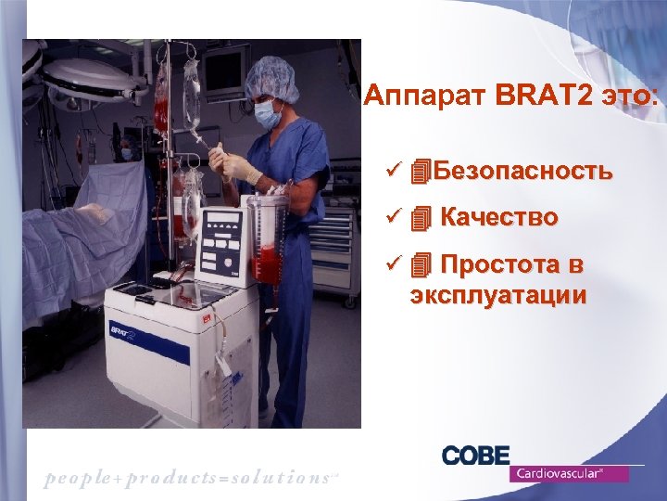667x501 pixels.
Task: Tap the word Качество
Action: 499,218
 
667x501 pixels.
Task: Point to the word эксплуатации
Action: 498,295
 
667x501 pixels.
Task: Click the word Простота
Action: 489,265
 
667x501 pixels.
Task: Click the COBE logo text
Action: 476,456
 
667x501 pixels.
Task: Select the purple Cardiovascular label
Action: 569,473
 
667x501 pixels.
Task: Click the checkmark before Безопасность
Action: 393,171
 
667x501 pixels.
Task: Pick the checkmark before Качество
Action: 393,218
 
